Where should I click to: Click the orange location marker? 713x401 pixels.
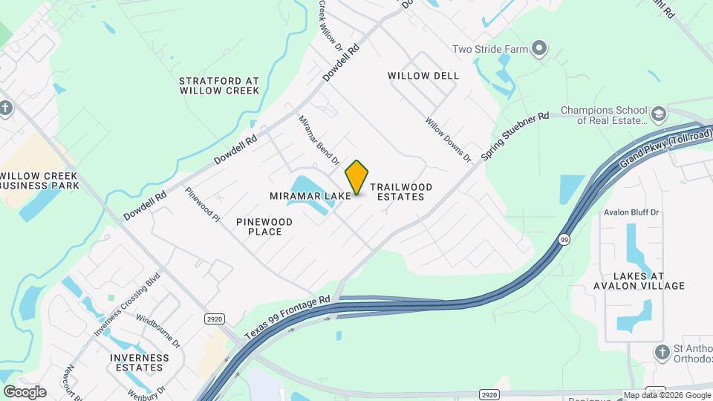[357, 177]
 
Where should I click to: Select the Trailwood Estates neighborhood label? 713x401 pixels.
[400, 192]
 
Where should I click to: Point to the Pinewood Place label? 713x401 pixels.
[264, 226]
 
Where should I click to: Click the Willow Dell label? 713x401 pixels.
[423, 76]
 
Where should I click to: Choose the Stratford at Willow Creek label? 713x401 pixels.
[219, 85]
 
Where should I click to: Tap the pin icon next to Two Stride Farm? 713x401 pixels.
[540, 50]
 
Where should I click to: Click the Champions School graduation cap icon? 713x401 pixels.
[658, 114]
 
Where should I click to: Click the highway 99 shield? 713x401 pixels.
[564, 239]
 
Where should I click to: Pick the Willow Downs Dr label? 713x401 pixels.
[449, 140]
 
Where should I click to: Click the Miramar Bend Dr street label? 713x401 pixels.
[319, 140]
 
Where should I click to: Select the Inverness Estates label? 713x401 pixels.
[136, 362]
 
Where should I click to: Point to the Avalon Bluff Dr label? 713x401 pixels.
[631, 212]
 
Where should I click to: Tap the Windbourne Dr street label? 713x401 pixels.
[158, 330]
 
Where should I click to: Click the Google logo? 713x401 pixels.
[25, 392]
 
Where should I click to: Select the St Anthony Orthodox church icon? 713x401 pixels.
[662, 351]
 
